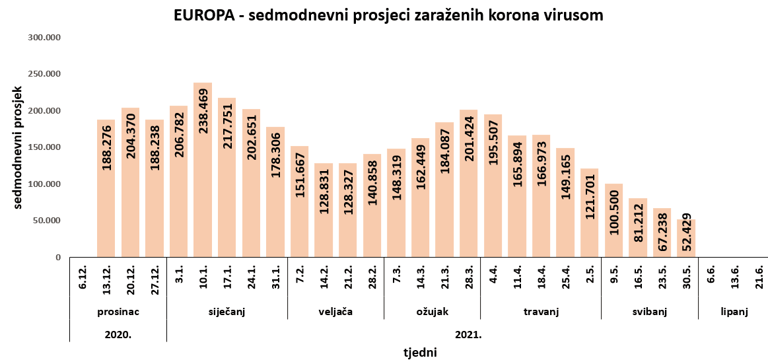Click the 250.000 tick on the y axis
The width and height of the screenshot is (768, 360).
pyautogui.click(x=45, y=74)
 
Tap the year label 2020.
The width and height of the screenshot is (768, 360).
pyautogui.click(x=118, y=334)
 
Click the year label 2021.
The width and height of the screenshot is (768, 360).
pyautogui.click(x=468, y=334)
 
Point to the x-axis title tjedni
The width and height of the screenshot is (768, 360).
pyautogui.click(x=420, y=352)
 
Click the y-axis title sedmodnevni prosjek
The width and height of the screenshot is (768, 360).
pyautogui.click(x=18, y=147)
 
